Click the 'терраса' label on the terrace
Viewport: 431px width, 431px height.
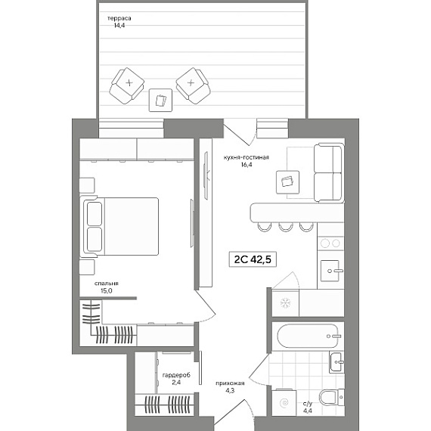click(x=119, y=18)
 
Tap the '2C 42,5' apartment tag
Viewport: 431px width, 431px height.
click(x=253, y=259)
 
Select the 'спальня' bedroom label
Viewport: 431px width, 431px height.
click(x=107, y=284)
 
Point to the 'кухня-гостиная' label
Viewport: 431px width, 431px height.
click(x=246, y=157)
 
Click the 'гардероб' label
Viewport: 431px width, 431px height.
click(x=176, y=375)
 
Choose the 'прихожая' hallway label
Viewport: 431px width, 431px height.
click(x=230, y=383)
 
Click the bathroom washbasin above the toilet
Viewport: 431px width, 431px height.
click(x=336, y=362)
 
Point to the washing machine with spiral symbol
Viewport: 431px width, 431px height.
click(x=284, y=403)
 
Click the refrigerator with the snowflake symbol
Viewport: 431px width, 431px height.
click(x=285, y=303)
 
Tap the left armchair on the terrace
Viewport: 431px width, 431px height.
click(x=127, y=85)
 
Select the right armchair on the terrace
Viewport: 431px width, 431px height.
click(x=194, y=85)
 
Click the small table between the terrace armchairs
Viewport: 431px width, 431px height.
click(x=160, y=100)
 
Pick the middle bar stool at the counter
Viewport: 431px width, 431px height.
click(x=285, y=227)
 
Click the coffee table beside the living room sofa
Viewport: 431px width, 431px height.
click(x=287, y=182)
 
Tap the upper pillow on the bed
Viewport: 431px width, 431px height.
click(x=95, y=214)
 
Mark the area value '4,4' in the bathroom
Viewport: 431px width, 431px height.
click(x=308, y=411)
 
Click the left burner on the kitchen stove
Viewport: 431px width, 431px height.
click(x=325, y=243)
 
